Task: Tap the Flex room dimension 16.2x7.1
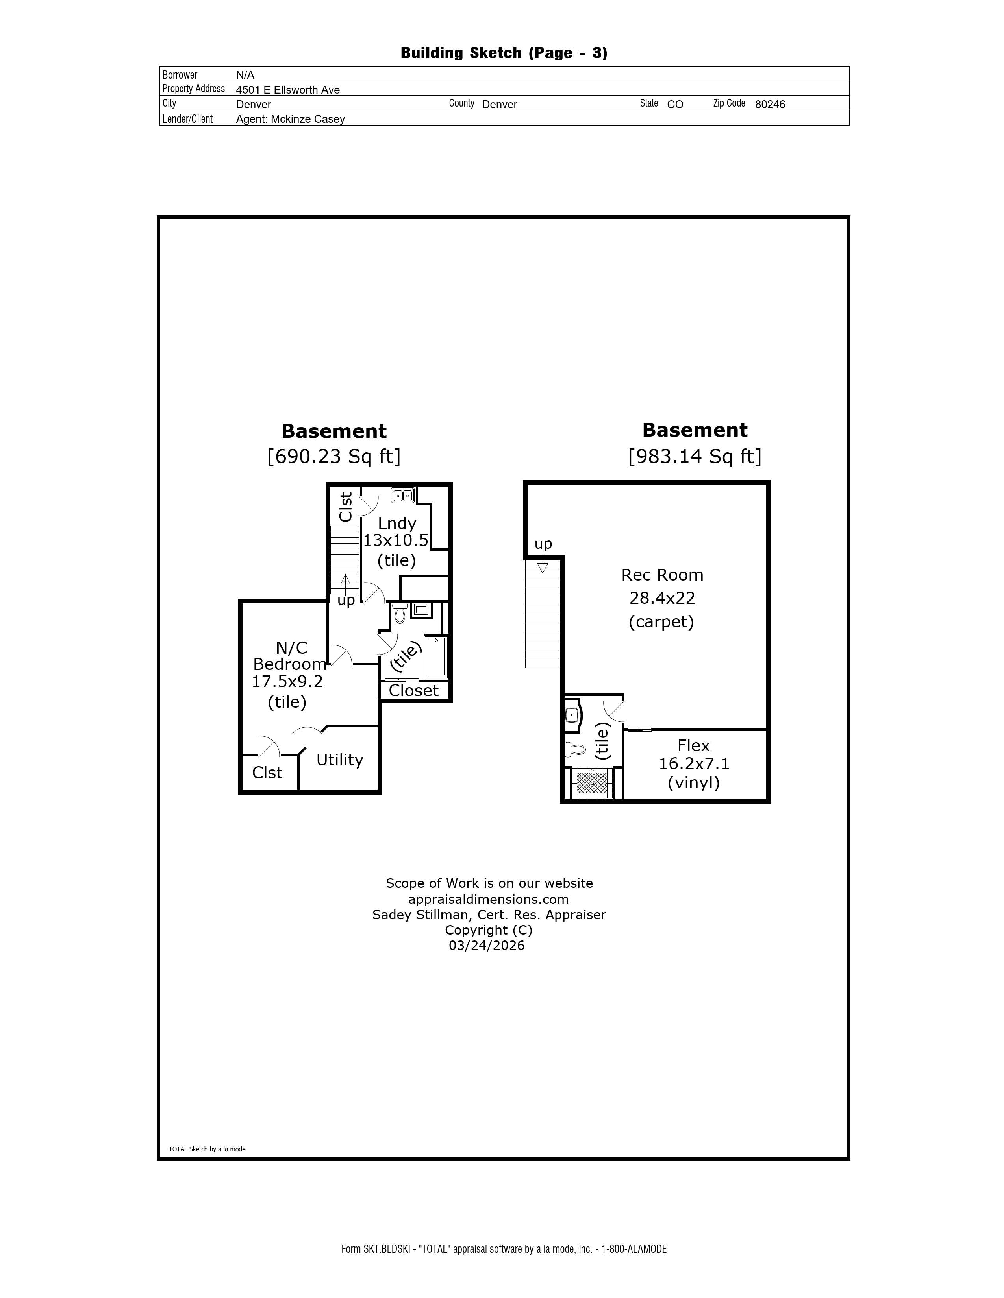(693, 764)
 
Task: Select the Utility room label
(340, 760)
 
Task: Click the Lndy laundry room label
(397, 524)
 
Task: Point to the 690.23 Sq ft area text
(333, 456)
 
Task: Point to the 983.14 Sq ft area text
(695, 456)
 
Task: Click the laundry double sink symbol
(403, 495)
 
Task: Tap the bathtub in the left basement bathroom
(436, 657)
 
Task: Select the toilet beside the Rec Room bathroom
(574, 749)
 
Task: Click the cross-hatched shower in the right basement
(593, 783)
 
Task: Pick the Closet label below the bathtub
(413, 691)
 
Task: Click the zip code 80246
(770, 105)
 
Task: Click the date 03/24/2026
(487, 946)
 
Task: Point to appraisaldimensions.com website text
(488, 899)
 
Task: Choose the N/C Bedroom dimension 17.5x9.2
(287, 682)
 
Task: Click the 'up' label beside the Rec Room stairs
(543, 544)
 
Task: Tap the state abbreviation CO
(675, 105)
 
